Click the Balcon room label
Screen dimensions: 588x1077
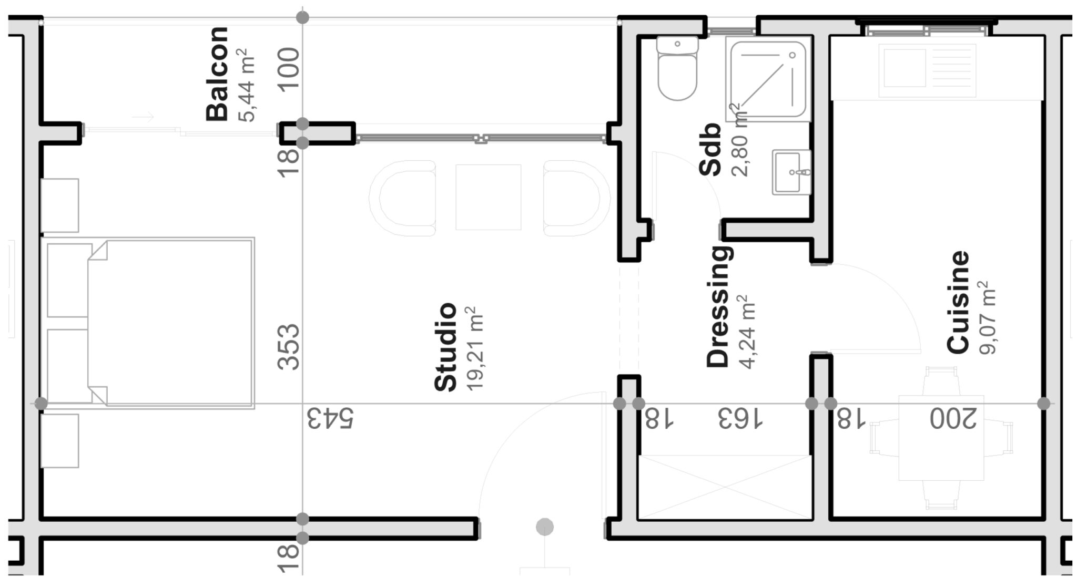click(x=217, y=74)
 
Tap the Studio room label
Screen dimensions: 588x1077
click(x=445, y=347)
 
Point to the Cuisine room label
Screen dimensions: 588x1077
click(x=957, y=302)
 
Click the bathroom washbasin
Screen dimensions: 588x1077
click(x=791, y=172)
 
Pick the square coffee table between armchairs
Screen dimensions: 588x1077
click(x=488, y=197)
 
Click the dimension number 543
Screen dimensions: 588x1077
click(x=330, y=418)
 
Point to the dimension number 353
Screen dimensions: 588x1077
click(x=289, y=347)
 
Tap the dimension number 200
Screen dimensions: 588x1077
click(x=952, y=419)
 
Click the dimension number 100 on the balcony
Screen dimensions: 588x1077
click(x=289, y=70)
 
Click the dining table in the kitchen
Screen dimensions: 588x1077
click(x=940, y=438)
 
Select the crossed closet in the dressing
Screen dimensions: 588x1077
click(x=724, y=487)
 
